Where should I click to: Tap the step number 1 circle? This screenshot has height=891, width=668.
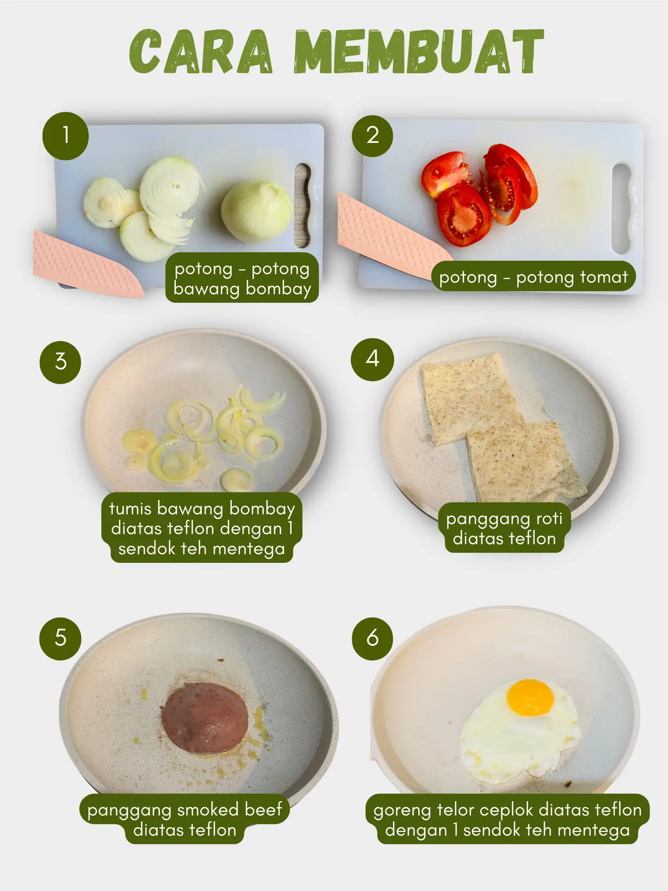65,136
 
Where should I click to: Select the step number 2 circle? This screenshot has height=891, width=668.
372,136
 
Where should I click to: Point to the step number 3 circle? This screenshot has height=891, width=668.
61,362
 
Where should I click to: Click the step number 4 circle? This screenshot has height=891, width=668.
372,359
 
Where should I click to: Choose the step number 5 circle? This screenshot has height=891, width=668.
61,638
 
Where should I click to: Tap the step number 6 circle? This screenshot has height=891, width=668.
372,638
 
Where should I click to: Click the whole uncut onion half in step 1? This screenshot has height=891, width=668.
257,211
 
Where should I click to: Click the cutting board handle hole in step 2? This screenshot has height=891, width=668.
622,208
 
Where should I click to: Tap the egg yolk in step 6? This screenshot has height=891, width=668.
530,697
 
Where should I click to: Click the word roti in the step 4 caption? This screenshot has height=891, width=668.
549,519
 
